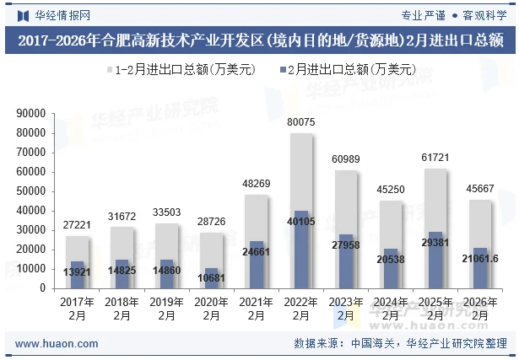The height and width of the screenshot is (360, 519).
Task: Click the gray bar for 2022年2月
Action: (301, 169)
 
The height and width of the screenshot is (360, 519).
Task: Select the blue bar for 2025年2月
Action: (435, 261)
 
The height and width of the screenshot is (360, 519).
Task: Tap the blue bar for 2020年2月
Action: (212, 279)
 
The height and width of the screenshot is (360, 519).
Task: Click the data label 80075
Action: (301, 122)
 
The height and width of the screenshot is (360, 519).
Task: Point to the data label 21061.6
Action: (480, 258)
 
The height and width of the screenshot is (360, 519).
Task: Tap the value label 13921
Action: (78, 272)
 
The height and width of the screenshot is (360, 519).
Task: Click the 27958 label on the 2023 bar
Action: (346, 244)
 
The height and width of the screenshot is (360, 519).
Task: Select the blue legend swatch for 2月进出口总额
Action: (279, 69)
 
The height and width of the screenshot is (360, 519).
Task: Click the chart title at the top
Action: (259, 40)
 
